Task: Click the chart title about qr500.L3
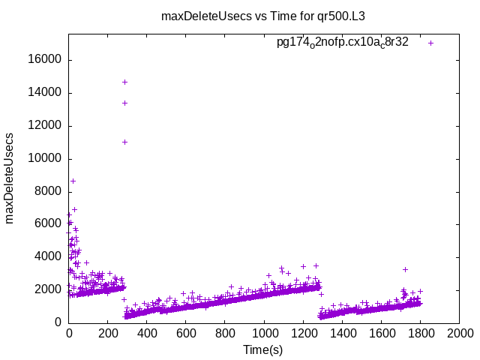click(268, 16)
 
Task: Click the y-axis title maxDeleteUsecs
click(10, 178)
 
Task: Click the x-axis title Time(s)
click(263, 350)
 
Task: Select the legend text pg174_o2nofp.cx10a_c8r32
click(343, 43)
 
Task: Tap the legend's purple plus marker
click(430, 43)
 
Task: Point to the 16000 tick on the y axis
click(46, 60)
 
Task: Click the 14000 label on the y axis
click(46, 93)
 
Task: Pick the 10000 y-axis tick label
click(46, 159)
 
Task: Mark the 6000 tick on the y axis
click(49, 224)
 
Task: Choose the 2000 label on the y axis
click(49, 289)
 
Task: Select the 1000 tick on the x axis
click(264, 333)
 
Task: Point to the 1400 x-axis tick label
click(342, 333)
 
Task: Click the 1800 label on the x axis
click(420, 333)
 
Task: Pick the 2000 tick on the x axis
click(459, 333)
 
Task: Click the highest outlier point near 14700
click(124, 82)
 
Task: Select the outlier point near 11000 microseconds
click(124, 142)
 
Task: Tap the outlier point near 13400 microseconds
click(124, 103)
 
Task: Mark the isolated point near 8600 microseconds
click(73, 181)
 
